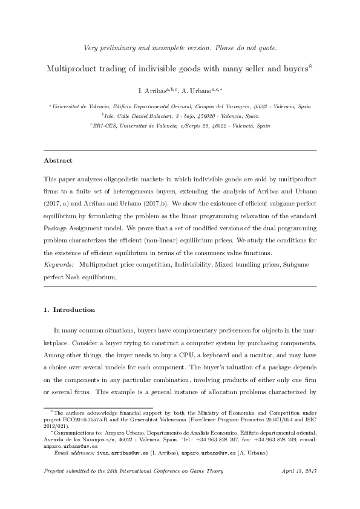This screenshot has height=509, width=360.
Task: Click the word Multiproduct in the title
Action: click(71, 68)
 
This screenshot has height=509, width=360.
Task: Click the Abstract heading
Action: click(58, 161)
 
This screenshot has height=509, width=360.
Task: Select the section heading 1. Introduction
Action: click(69, 310)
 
